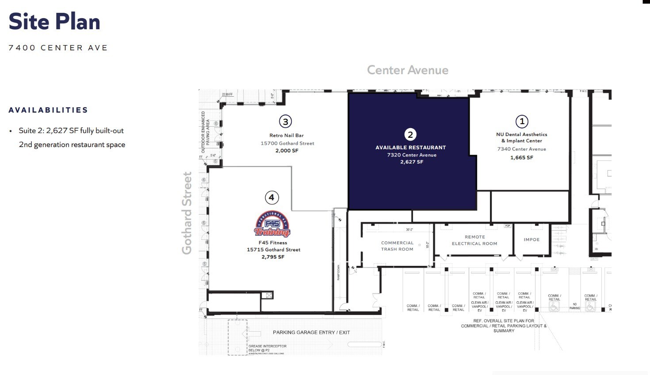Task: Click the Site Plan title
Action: click(54, 22)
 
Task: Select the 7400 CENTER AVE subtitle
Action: click(58, 48)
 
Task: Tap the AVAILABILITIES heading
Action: click(48, 110)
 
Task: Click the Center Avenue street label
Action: click(407, 70)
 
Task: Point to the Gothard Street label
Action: click(187, 213)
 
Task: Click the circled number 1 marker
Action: click(522, 121)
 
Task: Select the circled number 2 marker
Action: click(410, 135)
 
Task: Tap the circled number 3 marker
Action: click(285, 121)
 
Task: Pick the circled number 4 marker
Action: click(271, 197)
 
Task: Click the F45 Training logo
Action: click(272, 224)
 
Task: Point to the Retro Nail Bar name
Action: click(287, 136)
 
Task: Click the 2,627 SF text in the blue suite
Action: click(412, 162)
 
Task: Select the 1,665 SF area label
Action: click(522, 158)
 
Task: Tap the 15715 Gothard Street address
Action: click(273, 250)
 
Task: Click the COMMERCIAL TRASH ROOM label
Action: click(397, 246)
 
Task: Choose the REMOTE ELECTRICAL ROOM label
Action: click(474, 240)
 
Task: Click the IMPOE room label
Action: click(531, 240)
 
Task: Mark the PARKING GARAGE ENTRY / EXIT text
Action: click(311, 333)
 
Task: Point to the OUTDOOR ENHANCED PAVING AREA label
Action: click(206, 129)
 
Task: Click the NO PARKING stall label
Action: click(574, 306)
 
